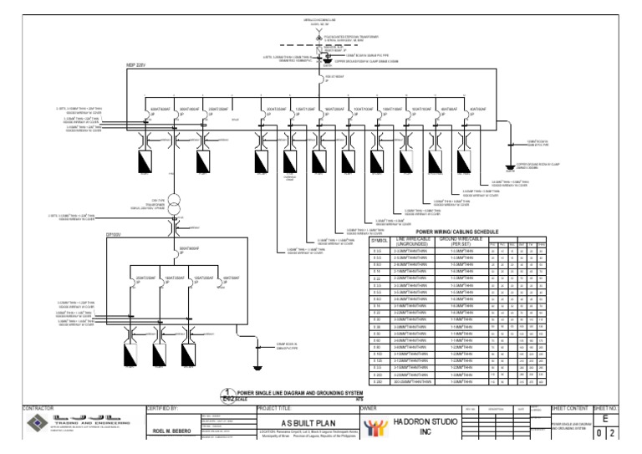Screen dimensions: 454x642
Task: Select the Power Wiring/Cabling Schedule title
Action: click(x=451, y=232)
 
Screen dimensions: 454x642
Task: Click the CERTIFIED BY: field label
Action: click(x=164, y=409)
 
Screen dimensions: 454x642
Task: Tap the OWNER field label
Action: click(x=369, y=409)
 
